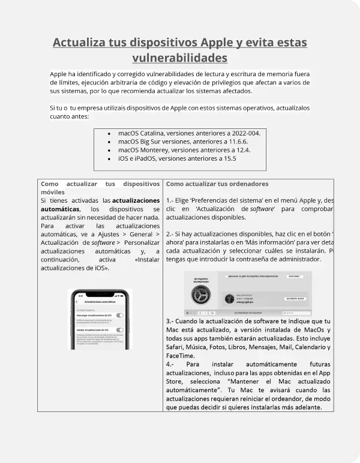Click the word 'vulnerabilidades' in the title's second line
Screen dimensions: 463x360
[179, 58]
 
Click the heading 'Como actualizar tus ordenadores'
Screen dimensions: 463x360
[217, 184]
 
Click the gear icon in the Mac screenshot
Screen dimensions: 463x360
[200, 297]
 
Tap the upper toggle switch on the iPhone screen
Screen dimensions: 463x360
[120, 315]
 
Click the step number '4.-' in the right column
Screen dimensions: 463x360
[170, 364]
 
